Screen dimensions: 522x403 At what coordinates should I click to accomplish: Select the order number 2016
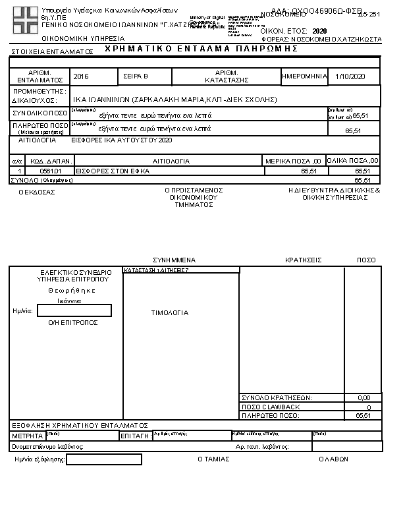coord(82,77)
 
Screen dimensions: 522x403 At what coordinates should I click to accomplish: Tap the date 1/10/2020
coord(349,77)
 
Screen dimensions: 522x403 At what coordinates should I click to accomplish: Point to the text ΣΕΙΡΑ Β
coord(136,77)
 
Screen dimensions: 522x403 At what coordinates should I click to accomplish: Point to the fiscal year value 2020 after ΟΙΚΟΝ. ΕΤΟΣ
coord(319,31)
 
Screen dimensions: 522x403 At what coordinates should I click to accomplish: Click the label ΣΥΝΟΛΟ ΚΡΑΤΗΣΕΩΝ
coord(277,398)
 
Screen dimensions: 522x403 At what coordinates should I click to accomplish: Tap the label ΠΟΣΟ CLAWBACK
coord(271,407)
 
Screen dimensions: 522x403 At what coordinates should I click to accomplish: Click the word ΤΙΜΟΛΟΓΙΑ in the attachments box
coord(170,313)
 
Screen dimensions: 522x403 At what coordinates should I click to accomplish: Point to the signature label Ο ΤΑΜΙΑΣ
coord(213,459)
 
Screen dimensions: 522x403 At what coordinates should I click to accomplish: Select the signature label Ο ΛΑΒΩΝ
coord(333,459)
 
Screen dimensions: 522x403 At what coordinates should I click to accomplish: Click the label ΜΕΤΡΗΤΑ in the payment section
coord(27,436)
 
